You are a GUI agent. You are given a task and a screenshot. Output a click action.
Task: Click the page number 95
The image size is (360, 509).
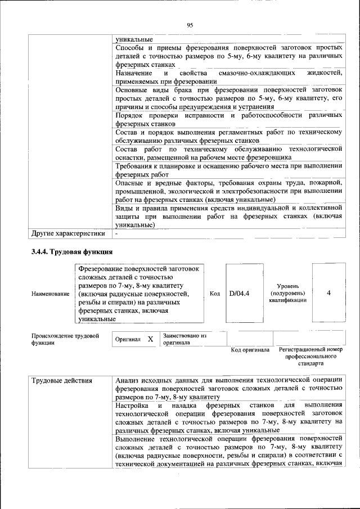[x=190, y=25]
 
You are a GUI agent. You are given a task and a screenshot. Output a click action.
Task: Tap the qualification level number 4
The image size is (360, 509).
[x=328, y=293]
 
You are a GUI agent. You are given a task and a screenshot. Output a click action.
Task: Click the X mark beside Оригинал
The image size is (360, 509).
[x=150, y=339]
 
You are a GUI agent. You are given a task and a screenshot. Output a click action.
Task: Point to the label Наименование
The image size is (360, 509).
[x=51, y=294]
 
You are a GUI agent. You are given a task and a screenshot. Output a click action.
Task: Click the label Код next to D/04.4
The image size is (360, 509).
[x=214, y=294]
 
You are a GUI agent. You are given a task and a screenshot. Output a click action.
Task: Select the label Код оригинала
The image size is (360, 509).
[x=250, y=350]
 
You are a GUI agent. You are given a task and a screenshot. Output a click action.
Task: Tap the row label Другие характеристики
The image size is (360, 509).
[x=69, y=233]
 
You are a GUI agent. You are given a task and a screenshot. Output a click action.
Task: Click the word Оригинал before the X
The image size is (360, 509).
[x=128, y=340]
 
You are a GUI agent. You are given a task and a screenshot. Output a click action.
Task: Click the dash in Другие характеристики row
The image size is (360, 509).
[x=116, y=233]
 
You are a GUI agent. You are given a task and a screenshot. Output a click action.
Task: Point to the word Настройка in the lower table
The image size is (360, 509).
[x=133, y=405]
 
